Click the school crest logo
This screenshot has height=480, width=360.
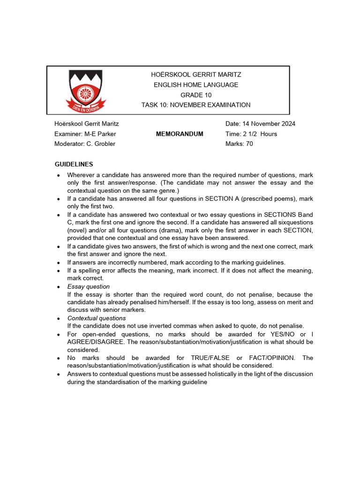85,90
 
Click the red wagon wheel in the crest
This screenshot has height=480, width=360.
85,93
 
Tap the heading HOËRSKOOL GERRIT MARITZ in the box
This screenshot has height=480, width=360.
196,75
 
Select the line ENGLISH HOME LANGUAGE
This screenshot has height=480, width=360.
196,85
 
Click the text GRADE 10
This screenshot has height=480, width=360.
196,95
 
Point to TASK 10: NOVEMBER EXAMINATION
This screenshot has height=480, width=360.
196,105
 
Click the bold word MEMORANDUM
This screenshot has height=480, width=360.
180,134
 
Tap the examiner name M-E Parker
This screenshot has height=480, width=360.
99,134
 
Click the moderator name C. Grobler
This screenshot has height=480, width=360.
99,144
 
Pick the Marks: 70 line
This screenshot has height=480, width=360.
239,144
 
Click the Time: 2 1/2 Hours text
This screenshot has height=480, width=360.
251,134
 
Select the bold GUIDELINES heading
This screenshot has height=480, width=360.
74,164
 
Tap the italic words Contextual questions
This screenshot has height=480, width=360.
97,318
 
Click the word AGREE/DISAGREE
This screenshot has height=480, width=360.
93,342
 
